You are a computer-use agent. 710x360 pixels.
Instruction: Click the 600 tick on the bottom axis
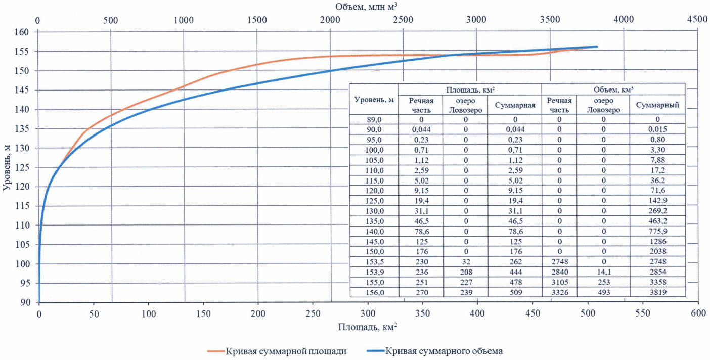pyautogui.click(x=698, y=313)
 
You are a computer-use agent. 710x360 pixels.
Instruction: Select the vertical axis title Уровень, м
pyautogui.click(x=7, y=167)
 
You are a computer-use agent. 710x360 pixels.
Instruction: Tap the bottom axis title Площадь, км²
pyautogui.click(x=368, y=327)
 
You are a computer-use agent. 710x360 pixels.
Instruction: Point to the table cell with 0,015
pyautogui.click(x=657, y=129)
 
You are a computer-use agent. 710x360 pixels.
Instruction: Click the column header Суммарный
pyautogui.click(x=657, y=105)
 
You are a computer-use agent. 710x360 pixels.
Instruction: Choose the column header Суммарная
pyautogui.click(x=514, y=105)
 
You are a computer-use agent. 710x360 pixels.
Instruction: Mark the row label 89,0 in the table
pyautogui.click(x=374, y=120)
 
